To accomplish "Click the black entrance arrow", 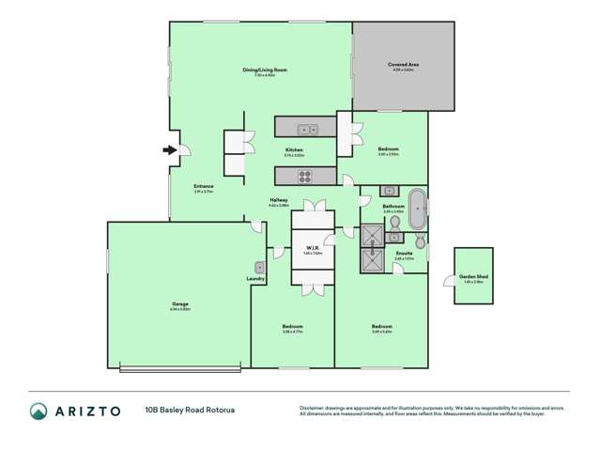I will tap(169, 148).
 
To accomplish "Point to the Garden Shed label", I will tap(472, 276).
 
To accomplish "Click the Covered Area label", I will tap(403, 64).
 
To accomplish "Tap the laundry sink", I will tap(260, 268).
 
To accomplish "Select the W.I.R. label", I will tap(313, 249).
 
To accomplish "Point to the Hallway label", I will tap(279, 199).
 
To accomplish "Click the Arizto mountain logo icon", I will tap(38, 411).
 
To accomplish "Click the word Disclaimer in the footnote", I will tap(312, 407).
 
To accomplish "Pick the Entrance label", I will tap(204, 186).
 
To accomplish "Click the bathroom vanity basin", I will tap(391, 192).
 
